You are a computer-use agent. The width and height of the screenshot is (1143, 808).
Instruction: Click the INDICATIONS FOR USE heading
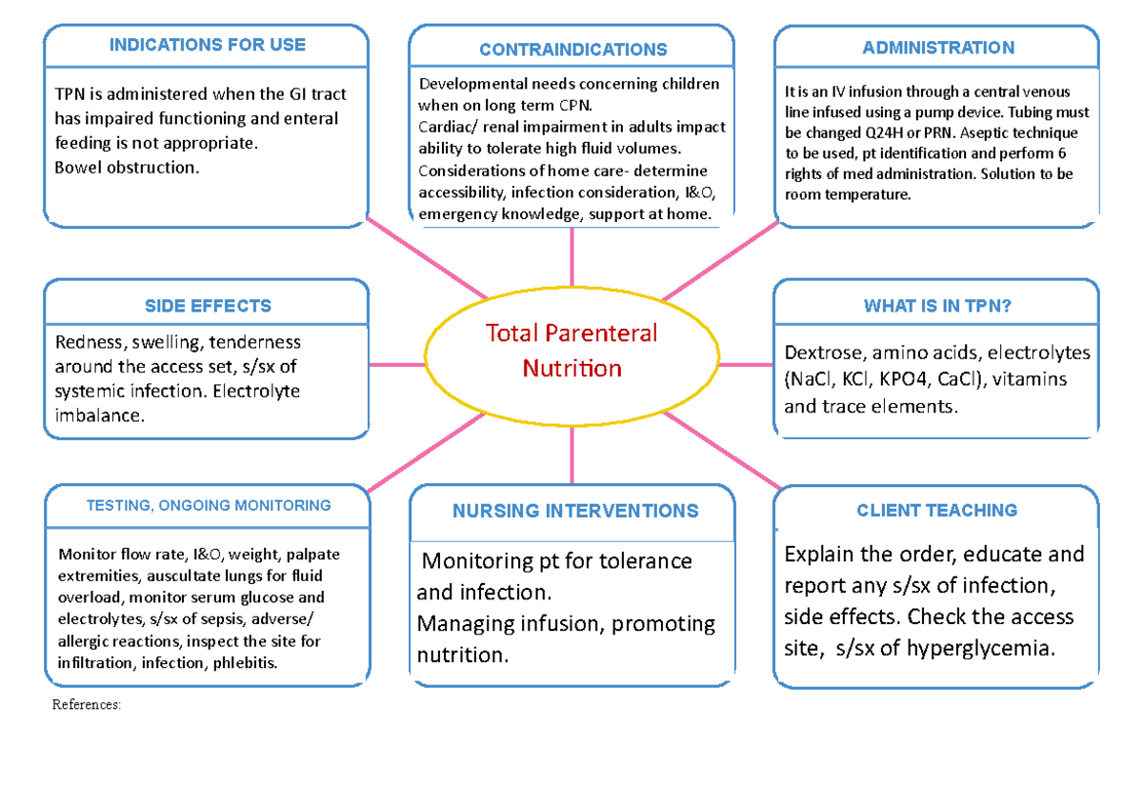point(207,45)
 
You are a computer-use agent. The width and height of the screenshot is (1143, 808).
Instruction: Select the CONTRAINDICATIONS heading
point(572,50)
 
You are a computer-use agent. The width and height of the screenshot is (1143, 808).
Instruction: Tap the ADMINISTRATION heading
point(937,48)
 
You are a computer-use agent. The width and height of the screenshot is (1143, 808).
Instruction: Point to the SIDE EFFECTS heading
point(207,306)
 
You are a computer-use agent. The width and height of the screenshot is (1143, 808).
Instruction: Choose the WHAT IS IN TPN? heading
point(937,306)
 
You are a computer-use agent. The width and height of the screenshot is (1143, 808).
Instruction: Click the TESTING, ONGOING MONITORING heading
point(209,506)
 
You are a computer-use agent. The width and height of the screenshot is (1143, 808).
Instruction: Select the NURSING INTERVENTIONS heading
point(575,512)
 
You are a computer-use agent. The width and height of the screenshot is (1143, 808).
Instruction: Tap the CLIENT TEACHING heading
point(936,511)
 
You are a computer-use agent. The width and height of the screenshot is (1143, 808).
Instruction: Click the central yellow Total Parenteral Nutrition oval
point(571,351)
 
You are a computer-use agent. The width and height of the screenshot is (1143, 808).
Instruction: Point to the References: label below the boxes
point(87,706)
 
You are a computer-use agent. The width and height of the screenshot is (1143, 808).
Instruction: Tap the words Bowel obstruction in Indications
point(128,168)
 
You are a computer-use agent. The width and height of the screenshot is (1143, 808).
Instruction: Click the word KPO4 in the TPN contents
point(903,379)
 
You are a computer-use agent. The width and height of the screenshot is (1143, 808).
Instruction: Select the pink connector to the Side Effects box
point(397,364)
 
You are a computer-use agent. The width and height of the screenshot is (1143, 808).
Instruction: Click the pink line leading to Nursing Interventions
point(571,455)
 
